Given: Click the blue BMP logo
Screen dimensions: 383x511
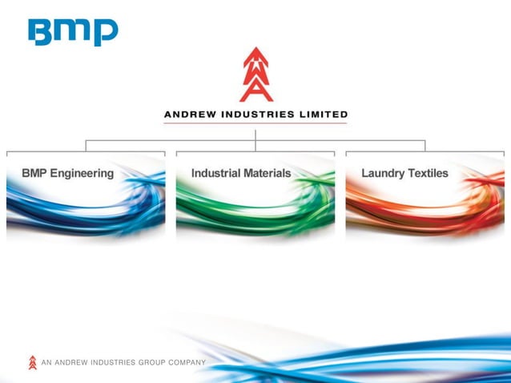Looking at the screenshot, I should tap(73, 31).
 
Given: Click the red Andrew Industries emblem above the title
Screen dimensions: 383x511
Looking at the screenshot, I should tap(255, 75).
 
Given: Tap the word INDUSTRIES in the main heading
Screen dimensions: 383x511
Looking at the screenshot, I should tap(257, 115).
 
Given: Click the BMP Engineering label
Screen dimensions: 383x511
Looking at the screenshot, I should tap(68, 173).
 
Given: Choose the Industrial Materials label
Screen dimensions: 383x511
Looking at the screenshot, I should tap(241, 173).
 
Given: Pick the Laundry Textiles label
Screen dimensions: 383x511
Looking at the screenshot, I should tap(404, 173).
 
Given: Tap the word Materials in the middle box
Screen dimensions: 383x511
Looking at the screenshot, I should tap(265, 173).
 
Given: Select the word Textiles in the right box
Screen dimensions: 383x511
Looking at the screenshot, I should tap(428, 173).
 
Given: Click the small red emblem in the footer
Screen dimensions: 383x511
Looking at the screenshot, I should tap(33, 362).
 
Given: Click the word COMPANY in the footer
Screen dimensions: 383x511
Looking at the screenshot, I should tap(187, 363).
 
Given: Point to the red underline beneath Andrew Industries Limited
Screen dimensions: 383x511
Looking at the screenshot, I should tap(255, 123).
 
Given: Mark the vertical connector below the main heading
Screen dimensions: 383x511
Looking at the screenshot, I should tap(255, 135).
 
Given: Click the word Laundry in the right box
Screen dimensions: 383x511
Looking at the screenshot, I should tap(382, 173).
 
